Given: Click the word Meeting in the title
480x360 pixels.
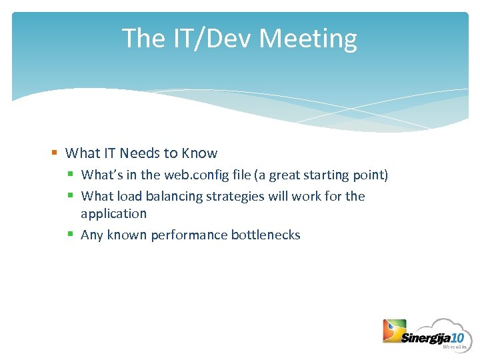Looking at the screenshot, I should coord(308,39).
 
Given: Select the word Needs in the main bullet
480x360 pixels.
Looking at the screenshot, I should coord(139,153).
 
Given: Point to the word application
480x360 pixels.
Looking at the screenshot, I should coord(113,214).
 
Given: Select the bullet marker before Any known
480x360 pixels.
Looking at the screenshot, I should coord(71,235).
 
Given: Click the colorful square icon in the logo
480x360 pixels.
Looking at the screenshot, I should coord(393,331).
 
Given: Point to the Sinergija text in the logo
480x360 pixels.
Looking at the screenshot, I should coord(425,338).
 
